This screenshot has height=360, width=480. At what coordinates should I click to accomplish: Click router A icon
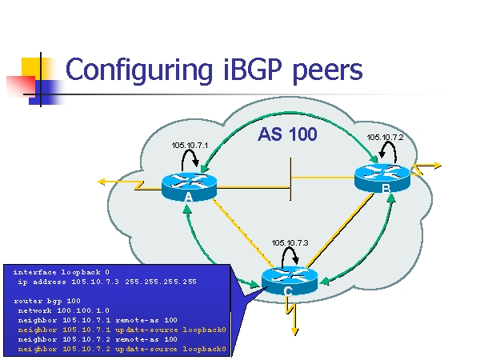189,186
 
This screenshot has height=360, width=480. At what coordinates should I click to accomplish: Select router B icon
382,177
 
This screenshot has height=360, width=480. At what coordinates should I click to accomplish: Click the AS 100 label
287,134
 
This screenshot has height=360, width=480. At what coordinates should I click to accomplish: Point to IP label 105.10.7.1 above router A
190,145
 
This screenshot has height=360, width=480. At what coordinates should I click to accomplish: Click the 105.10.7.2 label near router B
385,137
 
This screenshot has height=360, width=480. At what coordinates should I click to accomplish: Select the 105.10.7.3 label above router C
290,242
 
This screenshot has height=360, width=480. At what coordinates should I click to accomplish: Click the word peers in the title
329,71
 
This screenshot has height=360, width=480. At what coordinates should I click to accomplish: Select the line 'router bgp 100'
47,301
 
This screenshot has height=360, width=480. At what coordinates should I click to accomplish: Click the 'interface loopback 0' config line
61,272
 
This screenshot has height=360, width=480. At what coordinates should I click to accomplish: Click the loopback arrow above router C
291,256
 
